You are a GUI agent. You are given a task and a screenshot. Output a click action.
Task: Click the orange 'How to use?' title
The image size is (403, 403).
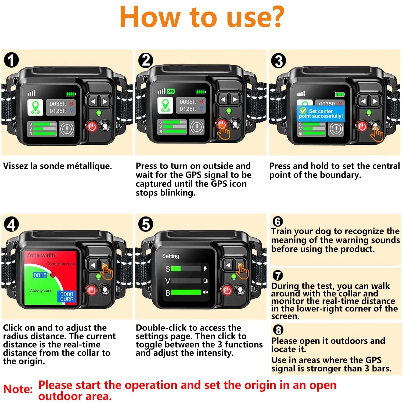[201, 17]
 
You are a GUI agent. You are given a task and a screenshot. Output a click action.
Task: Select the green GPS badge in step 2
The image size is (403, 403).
[171, 91]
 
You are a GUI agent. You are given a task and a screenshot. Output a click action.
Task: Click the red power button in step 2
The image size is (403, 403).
[222, 124]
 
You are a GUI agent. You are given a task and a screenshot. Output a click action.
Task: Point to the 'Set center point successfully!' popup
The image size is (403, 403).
[321, 113]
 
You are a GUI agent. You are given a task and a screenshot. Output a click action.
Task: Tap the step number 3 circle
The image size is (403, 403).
[279, 61]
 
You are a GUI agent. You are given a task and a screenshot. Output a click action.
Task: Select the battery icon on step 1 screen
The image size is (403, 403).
[71, 94]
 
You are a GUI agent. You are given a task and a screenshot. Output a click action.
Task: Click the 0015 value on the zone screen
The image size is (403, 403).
[40, 275]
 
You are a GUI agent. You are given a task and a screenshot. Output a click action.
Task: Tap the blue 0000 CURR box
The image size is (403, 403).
[67, 297]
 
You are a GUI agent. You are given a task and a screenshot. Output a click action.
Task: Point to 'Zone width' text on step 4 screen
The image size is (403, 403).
[41, 255]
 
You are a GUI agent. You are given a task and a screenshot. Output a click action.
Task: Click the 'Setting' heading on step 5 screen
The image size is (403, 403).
[170, 256]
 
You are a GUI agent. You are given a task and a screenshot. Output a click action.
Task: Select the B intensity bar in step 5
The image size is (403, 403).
[186, 292]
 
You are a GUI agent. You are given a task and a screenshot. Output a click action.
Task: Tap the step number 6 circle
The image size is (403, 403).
[278, 222]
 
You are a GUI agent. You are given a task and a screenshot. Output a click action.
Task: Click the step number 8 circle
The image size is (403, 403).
[278, 330]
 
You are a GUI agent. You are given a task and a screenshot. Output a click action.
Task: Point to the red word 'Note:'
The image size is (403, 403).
[18, 389]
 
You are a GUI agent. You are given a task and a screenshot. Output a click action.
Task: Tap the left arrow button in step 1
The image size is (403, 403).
[93, 102]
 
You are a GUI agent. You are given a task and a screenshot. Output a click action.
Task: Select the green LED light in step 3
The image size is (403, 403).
[369, 113]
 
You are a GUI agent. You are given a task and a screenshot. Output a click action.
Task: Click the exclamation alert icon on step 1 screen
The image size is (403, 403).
[67, 129]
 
